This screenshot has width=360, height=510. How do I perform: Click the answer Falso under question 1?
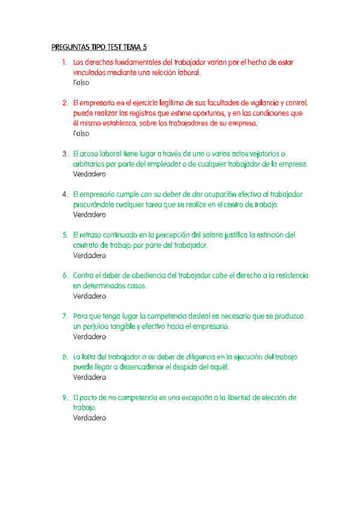click(80, 83)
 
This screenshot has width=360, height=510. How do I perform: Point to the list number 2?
click(64, 103)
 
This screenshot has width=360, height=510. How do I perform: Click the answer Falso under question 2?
click(80, 134)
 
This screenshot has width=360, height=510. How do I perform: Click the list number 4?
click(64, 194)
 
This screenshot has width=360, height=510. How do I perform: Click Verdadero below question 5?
click(89, 256)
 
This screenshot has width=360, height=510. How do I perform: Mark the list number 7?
click(64, 316)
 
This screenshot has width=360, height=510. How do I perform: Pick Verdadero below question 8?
click(89, 378)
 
